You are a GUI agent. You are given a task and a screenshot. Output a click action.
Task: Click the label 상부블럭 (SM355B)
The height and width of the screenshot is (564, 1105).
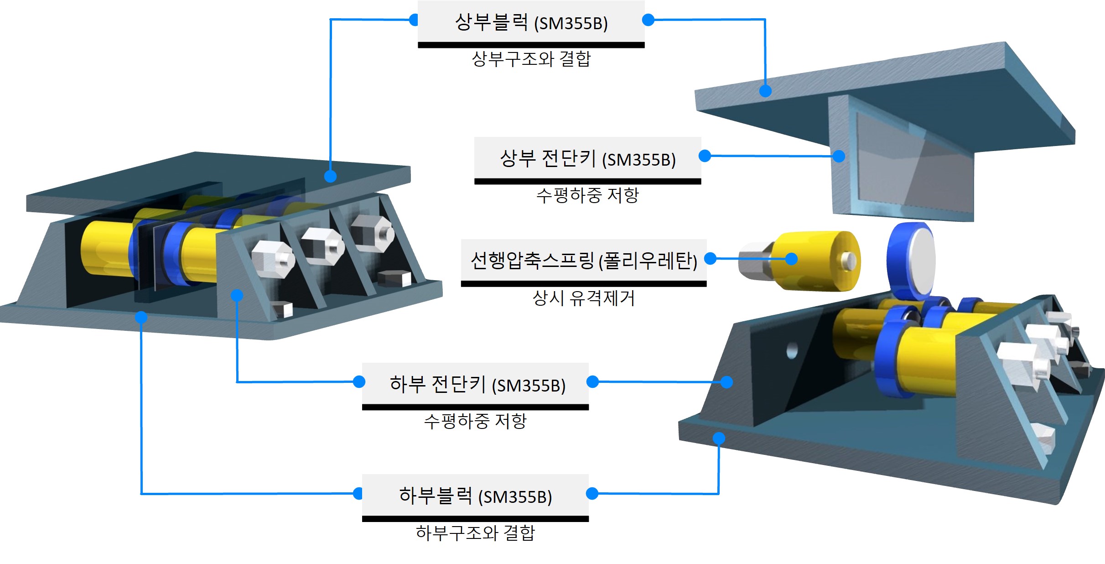[x=531, y=22]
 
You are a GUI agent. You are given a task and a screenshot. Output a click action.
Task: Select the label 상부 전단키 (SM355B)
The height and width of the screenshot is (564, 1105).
[x=587, y=159]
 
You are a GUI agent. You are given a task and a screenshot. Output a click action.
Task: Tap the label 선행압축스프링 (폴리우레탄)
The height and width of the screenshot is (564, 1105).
[x=583, y=261]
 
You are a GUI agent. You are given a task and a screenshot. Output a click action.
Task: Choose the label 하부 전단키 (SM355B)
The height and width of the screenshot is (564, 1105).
[x=477, y=384]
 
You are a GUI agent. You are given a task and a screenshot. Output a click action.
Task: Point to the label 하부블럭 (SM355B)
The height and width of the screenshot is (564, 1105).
[x=475, y=496]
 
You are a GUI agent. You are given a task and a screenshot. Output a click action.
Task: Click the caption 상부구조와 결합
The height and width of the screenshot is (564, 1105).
[x=531, y=59]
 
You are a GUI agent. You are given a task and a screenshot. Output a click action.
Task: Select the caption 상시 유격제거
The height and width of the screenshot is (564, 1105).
[x=583, y=298]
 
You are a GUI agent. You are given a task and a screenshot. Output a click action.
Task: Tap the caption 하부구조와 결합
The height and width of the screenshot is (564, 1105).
[x=475, y=533]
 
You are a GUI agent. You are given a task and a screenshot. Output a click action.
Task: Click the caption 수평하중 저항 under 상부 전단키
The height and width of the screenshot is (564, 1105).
[x=587, y=195]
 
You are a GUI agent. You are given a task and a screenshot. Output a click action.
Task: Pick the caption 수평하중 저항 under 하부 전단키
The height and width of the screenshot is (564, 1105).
[x=475, y=421]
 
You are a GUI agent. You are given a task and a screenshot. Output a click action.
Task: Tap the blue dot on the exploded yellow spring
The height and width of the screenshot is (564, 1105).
[x=791, y=259]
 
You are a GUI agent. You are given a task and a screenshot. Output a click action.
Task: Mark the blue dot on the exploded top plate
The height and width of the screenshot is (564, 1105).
[x=765, y=91]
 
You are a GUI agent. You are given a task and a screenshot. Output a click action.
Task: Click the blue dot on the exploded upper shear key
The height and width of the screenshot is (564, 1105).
[x=839, y=157]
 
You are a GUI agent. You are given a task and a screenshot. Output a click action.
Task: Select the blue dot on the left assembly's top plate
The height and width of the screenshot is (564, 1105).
[x=330, y=176]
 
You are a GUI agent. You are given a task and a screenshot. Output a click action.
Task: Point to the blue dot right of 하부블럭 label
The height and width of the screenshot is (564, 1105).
[x=592, y=493]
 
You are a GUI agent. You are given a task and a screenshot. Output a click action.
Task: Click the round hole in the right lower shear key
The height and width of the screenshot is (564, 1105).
[x=792, y=351]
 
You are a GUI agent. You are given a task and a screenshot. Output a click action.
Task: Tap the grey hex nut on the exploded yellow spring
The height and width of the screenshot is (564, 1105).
[x=754, y=261]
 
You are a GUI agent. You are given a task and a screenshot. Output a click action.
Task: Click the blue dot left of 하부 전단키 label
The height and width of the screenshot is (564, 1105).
[x=359, y=381]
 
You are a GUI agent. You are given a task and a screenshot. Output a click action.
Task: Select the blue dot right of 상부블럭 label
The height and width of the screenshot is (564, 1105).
[x=648, y=20]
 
